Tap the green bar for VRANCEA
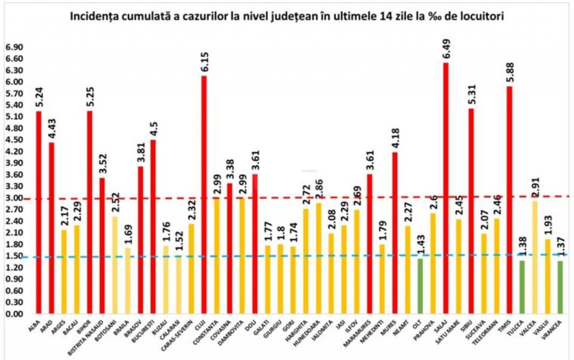pyautogui.click(x=560, y=287)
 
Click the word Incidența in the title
pyautogui.click(x=95, y=16)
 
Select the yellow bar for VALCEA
pyautogui.click(x=535, y=257)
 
